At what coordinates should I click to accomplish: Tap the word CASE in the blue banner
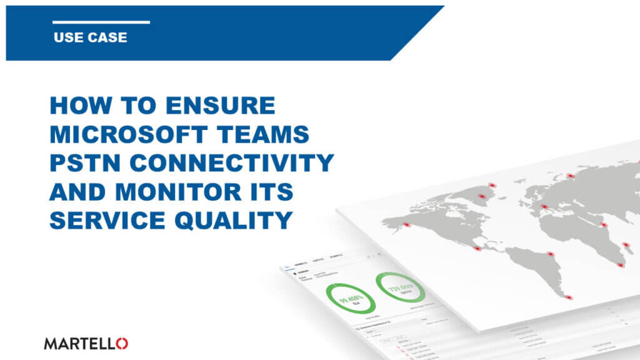[x=104, y=37]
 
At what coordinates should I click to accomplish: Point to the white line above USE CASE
[x=101, y=22]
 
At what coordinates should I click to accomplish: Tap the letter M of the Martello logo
[x=50, y=342]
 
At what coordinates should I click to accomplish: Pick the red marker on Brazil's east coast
[x=551, y=254]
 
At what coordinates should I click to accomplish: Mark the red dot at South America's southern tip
[x=568, y=297]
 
